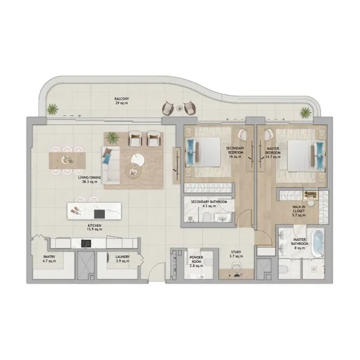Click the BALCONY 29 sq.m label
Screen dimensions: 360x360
tap(122, 101)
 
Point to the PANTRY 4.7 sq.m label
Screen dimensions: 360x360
tap(49, 259)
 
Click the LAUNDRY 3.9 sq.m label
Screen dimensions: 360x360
tap(123, 259)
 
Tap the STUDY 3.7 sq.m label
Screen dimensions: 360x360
tap(236, 255)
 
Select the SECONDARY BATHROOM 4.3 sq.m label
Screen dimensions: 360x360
tap(209, 204)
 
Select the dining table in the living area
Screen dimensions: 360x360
tap(67, 160)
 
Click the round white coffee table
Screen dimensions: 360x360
tap(138, 160)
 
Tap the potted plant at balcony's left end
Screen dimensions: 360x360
tap(53, 109)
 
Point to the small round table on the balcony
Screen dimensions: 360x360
tap(178, 108)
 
